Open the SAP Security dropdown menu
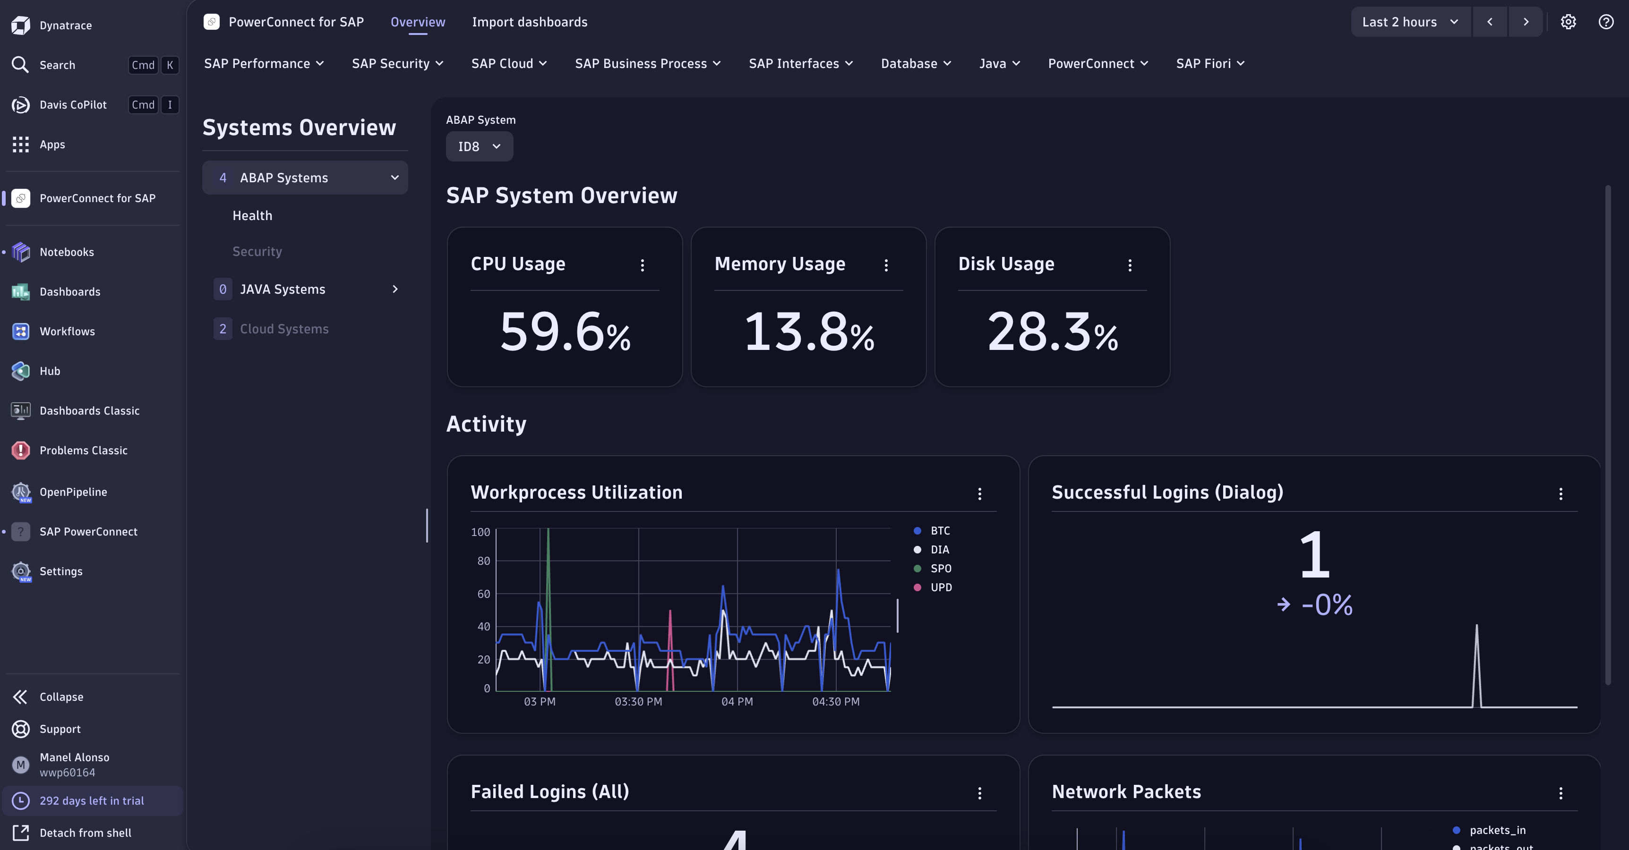(397, 63)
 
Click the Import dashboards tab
(529, 22)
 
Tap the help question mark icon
(1605, 22)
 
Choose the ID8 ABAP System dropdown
(479, 146)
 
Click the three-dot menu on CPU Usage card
(642, 265)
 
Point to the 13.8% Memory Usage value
(808, 332)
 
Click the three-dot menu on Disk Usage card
(1130, 265)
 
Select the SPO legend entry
(940, 568)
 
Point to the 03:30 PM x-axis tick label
(638, 702)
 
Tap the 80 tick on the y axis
(483, 561)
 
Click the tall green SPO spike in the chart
(548, 569)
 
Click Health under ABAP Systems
(252, 215)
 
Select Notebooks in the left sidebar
(67, 252)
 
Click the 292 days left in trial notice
(92, 801)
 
